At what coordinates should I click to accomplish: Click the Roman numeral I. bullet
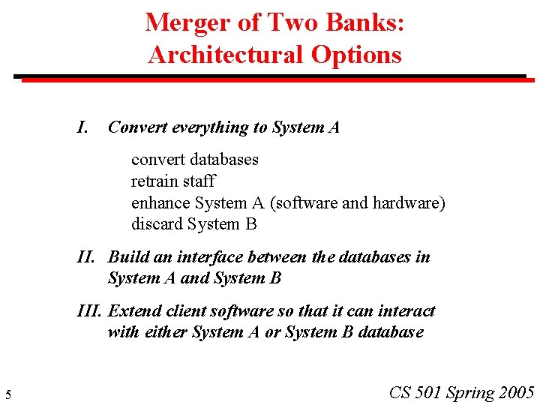click(x=83, y=127)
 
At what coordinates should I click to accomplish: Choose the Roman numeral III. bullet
click(x=91, y=311)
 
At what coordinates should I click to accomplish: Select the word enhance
click(x=160, y=203)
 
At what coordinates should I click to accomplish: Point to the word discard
click(x=157, y=224)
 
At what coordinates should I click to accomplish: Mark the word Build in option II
click(x=128, y=257)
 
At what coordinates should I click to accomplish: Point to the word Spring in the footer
click(x=470, y=392)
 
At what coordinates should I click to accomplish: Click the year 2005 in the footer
click(x=517, y=392)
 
